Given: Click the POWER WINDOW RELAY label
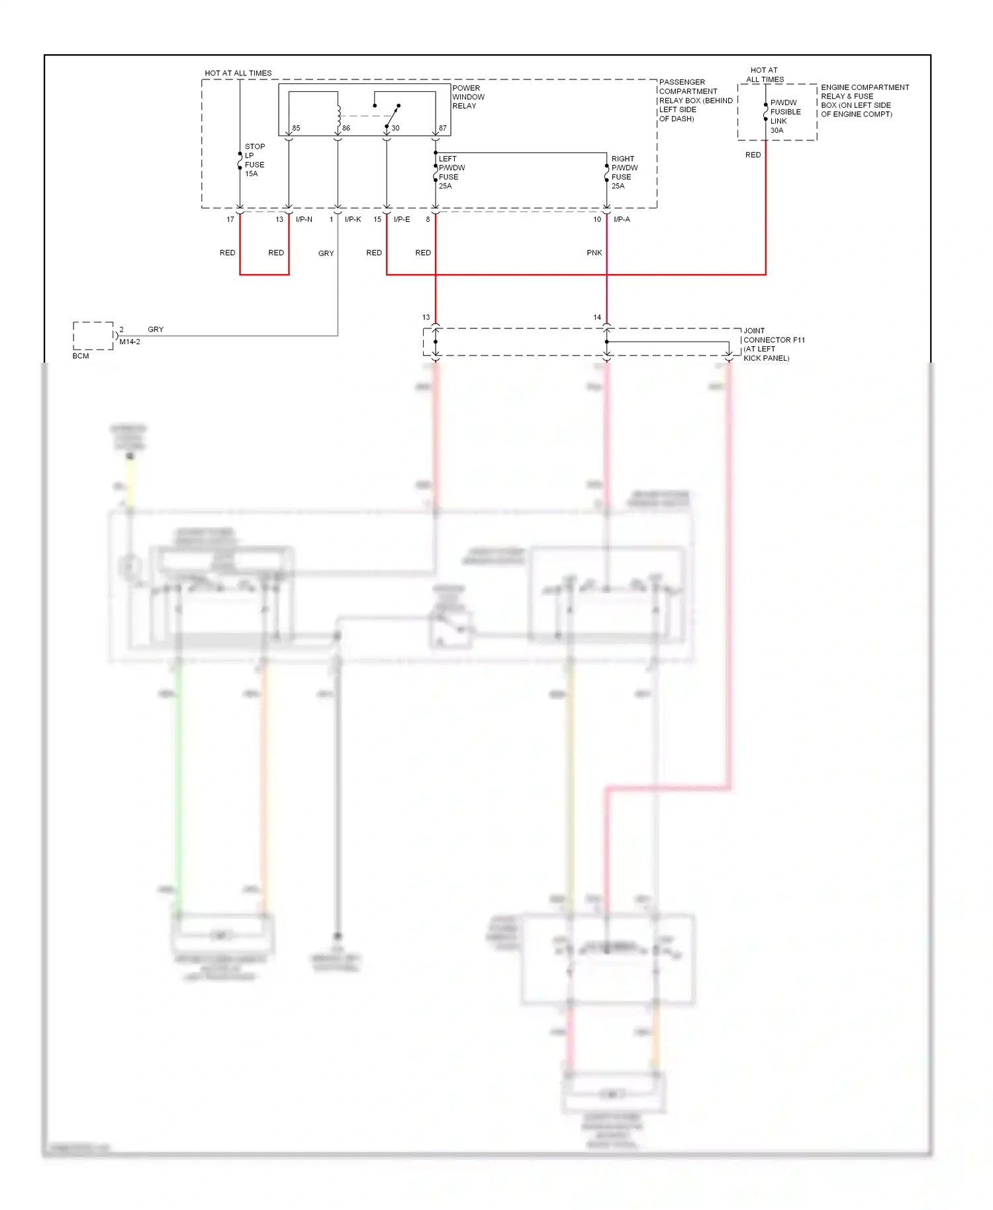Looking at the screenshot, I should click(x=468, y=97).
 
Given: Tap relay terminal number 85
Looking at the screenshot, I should click(x=296, y=128).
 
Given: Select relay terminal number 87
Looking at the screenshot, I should click(x=442, y=128).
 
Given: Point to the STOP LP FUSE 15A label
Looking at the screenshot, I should click(x=254, y=160).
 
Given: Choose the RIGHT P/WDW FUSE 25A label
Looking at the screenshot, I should click(x=624, y=173).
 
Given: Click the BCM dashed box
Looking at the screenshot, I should click(x=93, y=336).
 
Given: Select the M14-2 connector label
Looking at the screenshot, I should click(x=130, y=342).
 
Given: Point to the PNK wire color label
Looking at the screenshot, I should click(x=594, y=253).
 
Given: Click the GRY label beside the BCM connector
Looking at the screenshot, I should click(x=156, y=330).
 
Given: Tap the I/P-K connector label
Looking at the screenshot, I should click(x=352, y=220).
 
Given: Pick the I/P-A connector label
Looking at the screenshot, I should click(x=622, y=220).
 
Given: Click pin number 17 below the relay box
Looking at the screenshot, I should click(x=230, y=220).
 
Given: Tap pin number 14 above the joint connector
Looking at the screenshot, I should click(x=596, y=318).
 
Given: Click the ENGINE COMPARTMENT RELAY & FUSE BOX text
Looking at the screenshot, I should click(x=864, y=101).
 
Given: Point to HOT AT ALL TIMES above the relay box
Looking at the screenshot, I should click(x=238, y=73).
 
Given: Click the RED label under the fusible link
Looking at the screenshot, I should click(x=753, y=155).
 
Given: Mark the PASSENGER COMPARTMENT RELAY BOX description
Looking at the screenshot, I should click(x=694, y=101).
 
